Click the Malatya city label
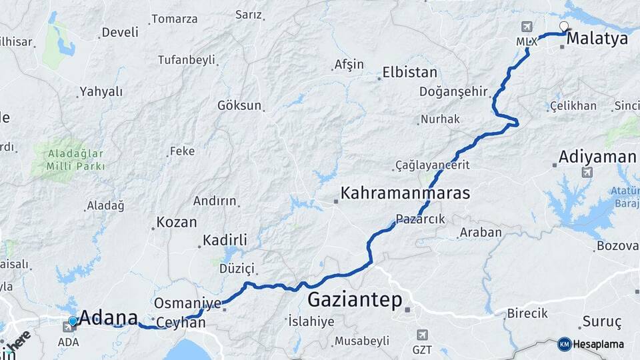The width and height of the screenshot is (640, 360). [597, 39]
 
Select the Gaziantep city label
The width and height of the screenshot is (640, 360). [355, 300]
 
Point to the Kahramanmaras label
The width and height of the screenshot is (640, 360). [405, 193]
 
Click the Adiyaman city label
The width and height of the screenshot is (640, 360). [597, 157]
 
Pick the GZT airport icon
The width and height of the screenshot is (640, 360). [422, 335]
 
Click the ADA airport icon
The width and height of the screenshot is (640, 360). [69, 327]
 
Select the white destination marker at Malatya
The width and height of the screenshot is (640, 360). [564, 27]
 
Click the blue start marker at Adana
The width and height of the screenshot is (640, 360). [73, 321]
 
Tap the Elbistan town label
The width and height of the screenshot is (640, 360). [409, 72]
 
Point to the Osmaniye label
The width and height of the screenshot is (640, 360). [187, 303]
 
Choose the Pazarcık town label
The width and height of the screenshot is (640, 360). [420, 219]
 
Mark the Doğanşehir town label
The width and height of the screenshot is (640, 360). [453, 91]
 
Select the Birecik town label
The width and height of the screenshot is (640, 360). [527, 313]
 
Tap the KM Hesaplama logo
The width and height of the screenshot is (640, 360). [591, 344]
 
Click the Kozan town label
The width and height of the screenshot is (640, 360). [176, 222]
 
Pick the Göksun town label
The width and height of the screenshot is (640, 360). [239, 105]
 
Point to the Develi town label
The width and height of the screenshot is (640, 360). [120, 32]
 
